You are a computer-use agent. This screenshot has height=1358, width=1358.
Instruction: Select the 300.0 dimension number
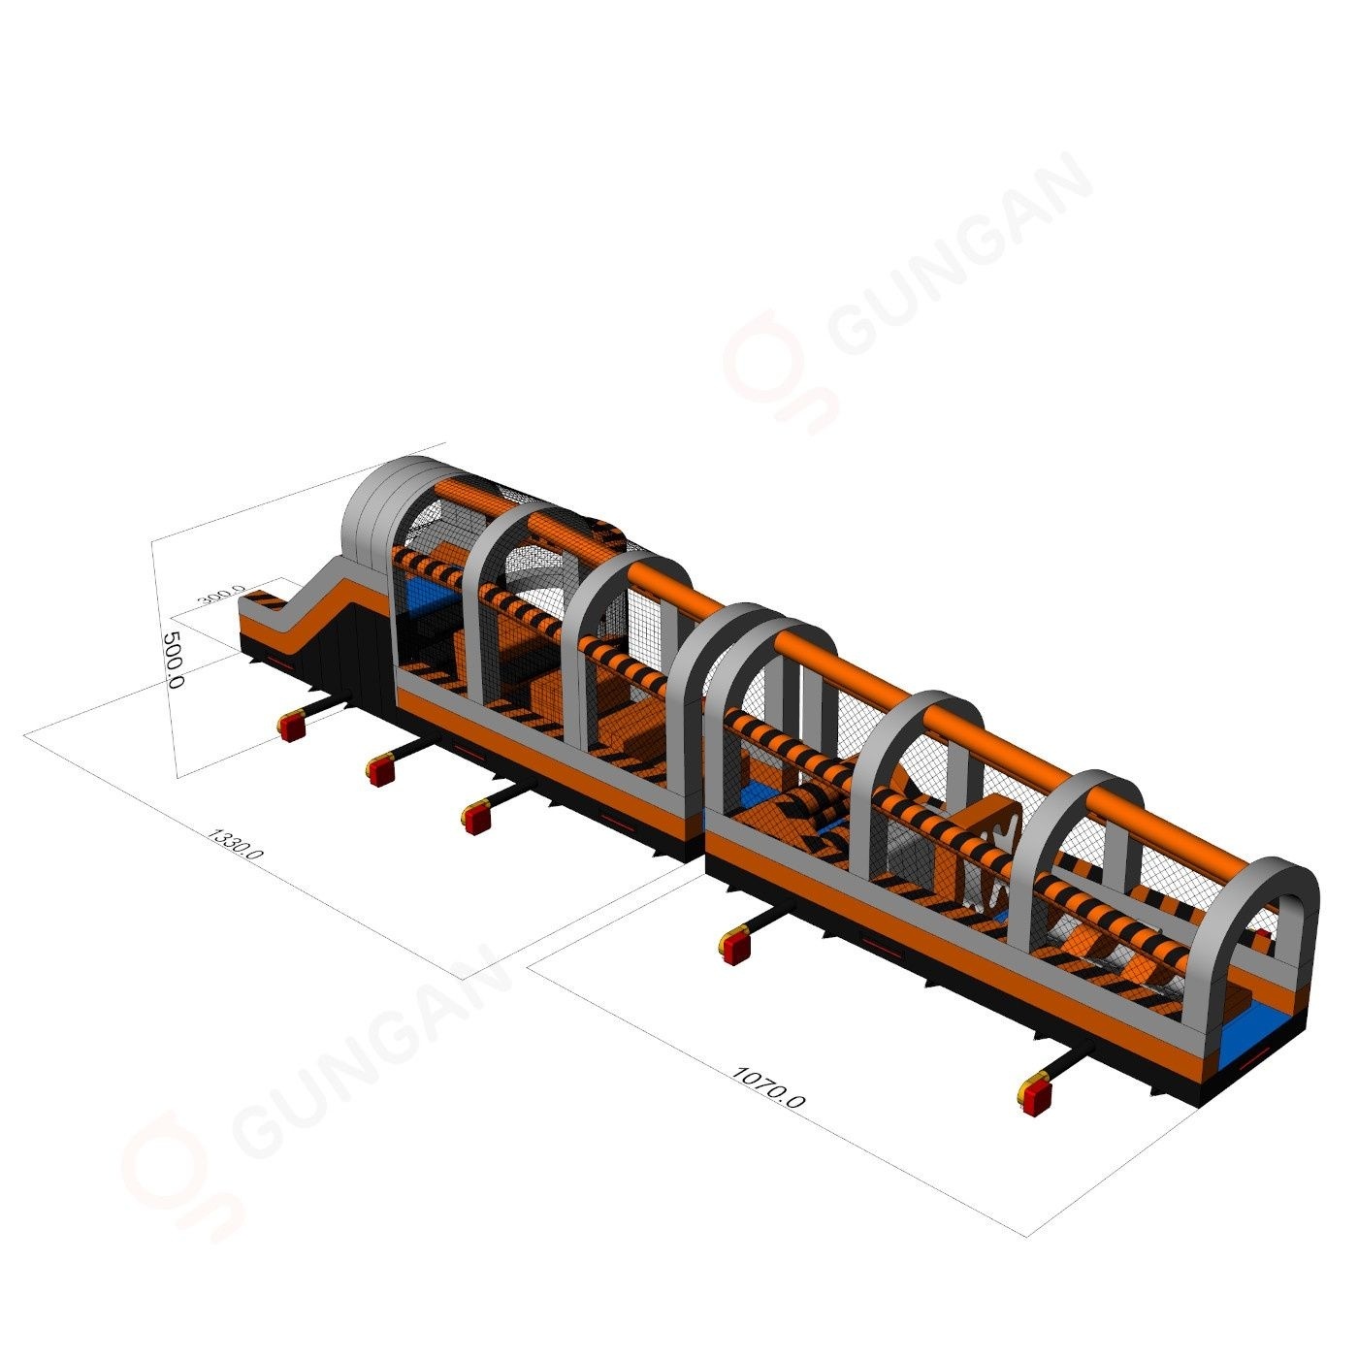[223, 594]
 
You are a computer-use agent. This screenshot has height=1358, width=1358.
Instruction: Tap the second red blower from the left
[380, 769]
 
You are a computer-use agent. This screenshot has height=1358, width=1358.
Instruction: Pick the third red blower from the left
[476, 820]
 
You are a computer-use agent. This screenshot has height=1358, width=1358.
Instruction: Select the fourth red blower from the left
[734, 946]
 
